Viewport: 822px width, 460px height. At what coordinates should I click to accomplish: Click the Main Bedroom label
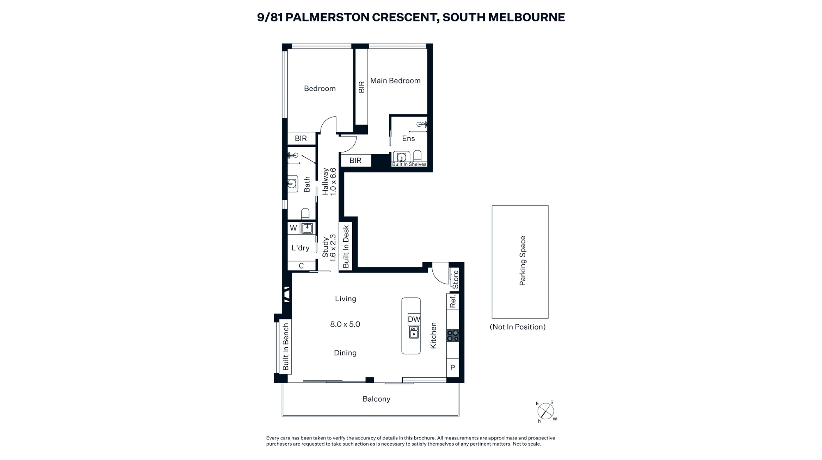coord(395,81)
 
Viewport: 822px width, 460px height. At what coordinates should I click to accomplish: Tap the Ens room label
coord(409,139)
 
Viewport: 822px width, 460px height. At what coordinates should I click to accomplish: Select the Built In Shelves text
coord(409,164)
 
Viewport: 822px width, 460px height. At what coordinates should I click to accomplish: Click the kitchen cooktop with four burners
coord(453,335)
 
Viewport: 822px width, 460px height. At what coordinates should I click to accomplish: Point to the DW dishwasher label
coord(414,319)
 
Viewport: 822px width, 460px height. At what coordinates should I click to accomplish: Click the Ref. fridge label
coord(453,301)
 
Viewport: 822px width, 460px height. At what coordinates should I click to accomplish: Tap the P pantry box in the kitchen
coord(453,368)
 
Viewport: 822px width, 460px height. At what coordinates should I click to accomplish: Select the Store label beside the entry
coord(455,279)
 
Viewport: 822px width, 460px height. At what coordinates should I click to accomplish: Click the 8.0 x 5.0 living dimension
coord(345,324)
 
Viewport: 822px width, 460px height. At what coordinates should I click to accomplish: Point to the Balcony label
coord(376,399)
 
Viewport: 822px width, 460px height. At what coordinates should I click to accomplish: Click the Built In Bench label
coord(286,347)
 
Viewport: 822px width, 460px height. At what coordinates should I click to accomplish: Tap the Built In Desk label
coord(346,246)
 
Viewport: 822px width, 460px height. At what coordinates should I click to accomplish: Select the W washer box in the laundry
coord(293,228)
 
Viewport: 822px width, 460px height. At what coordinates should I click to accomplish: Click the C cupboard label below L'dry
coord(301,266)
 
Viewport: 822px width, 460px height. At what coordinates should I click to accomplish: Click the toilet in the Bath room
coord(305,214)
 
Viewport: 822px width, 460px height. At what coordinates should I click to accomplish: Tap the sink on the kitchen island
coord(414,332)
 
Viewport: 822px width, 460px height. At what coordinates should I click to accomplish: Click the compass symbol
coord(546,411)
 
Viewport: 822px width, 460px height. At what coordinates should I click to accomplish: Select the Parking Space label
coord(522,261)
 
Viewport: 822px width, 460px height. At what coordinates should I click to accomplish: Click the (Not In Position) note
coord(518,327)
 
